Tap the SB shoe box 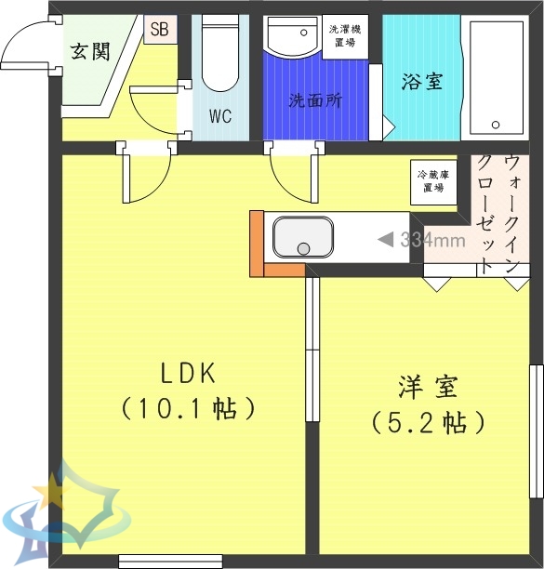pos(159,28)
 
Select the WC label pos(219,117)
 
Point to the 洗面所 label pos(314,100)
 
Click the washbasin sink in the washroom pos(294,38)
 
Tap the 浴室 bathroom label pos(421,82)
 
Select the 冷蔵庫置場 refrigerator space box pos(432,180)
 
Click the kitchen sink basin pos(302,238)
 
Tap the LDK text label pos(188,374)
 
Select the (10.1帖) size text pos(188,408)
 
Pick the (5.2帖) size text pos(429,423)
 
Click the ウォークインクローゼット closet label pos(498,213)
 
